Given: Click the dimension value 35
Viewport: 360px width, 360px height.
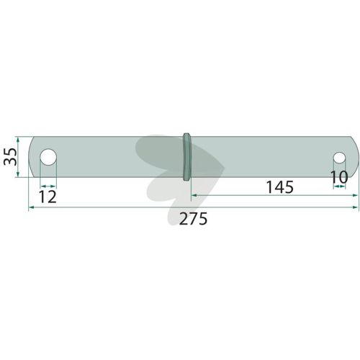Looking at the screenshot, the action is [x=10, y=157].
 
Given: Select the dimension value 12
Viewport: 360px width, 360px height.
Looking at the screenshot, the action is [x=48, y=197].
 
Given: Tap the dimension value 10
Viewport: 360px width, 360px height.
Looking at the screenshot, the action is [x=339, y=177].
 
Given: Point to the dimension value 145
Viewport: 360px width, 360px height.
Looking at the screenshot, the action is [x=280, y=187].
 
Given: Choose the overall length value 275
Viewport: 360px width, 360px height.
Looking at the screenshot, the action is [x=193, y=219].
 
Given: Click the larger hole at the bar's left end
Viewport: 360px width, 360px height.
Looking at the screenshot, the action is [x=48, y=157].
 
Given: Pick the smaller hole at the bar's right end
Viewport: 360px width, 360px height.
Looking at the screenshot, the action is [x=339, y=158].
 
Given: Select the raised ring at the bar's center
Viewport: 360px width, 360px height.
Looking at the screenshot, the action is [x=187, y=157].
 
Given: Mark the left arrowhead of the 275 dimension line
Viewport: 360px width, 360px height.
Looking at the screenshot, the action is [x=31, y=207].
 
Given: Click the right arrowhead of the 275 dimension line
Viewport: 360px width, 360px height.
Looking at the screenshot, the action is [x=356, y=207].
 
